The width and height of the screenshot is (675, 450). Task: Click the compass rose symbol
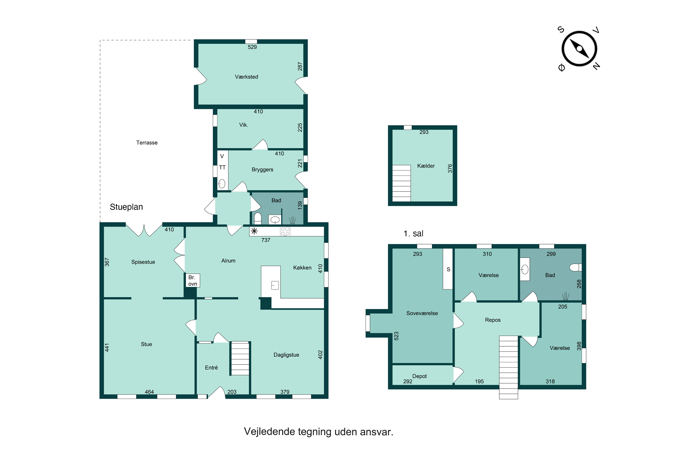(579, 49)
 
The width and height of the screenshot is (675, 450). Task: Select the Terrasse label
(147, 143)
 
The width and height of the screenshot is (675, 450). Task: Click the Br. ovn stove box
(193, 280)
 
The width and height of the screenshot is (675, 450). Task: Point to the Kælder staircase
(401, 183)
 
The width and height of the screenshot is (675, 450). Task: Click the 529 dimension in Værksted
(252, 47)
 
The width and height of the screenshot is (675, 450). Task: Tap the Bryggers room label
(262, 170)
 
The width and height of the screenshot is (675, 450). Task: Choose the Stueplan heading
(126, 207)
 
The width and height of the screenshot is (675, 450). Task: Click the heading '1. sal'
(413, 233)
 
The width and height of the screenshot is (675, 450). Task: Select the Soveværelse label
(422, 313)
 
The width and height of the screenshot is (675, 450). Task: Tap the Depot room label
(419, 376)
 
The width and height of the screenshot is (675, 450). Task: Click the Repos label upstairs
(493, 320)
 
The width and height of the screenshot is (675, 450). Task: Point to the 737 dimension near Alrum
(266, 240)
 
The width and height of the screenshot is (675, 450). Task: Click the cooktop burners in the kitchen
(285, 231)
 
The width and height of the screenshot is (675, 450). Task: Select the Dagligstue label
(286, 355)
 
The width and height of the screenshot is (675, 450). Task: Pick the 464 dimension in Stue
(149, 392)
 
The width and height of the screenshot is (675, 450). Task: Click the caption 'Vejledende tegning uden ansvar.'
(319, 432)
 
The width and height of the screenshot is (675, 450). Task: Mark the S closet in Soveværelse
(448, 269)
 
